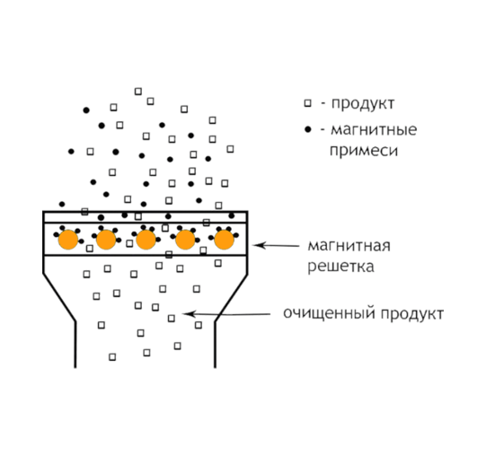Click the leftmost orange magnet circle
click(x=68, y=240)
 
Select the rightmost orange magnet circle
click(x=224, y=240)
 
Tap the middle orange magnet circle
click(x=146, y=240)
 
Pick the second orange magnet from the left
click(x=106, y=240)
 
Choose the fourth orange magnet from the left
click(x=185, y=240)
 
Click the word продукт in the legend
click(x=363, y=104)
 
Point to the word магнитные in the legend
click(x=374, y=129)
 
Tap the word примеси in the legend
click(x=364, y=151)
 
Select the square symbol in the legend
click(x=307, y=103)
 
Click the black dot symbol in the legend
click(x=308, y=129)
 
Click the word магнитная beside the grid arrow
click(x=349, y=246)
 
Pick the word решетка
click(x=340, y=267)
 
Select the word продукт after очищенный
click(x=412, y=314)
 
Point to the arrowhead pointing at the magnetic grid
click(x=259, y=245)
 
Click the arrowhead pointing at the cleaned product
click(x=189, y=314)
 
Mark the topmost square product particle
click(x=138, y=92)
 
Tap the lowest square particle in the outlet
click(x=112, y=357)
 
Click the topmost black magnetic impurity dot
click(x=86, y=110)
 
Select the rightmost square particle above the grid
click(x=230, y=149)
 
